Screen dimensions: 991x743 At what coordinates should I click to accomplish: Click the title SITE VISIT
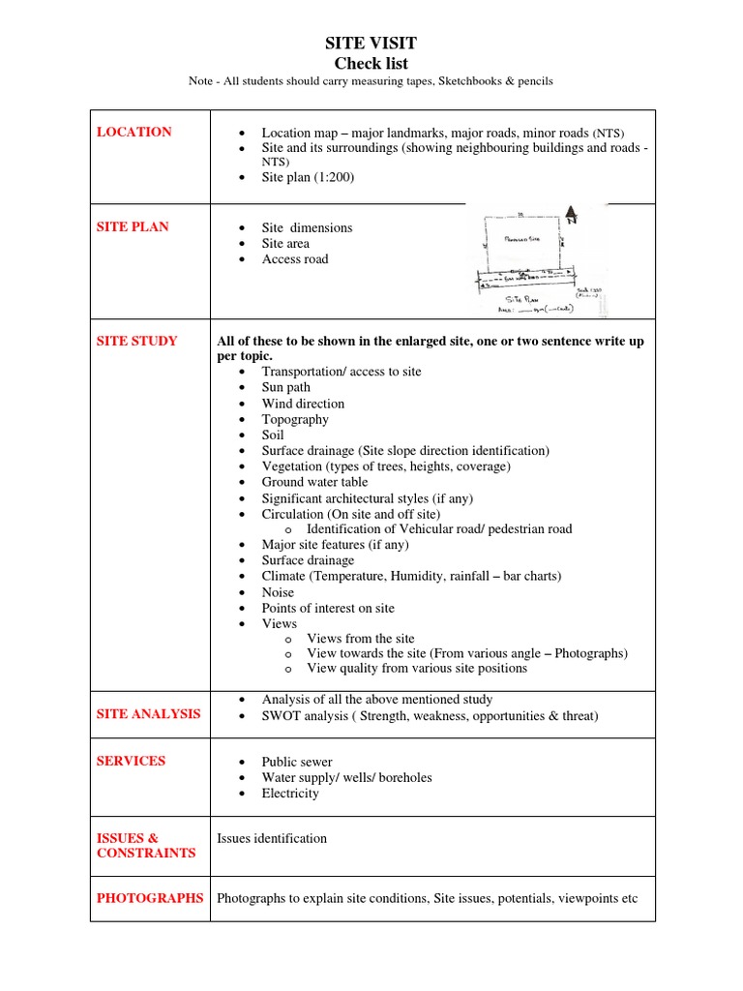(x=371, y=45)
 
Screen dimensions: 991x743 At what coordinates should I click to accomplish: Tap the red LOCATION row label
(x=134, y=133)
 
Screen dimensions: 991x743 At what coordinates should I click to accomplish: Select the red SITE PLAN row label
(x=133, y=226)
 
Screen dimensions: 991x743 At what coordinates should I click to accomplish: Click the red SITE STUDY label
(x=136, y=341)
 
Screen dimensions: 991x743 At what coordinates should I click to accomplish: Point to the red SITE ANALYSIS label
(x=149, y=713)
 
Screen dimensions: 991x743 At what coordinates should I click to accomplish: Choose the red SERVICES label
(x=131, y=761)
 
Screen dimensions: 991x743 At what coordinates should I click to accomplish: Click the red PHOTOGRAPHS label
(x=150, y=898)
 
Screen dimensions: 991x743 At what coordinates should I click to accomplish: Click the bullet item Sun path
(x=285, y=387)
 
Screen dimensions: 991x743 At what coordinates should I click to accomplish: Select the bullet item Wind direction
(x=303, y=404)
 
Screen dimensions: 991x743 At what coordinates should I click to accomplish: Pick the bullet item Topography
(x=295, y=419)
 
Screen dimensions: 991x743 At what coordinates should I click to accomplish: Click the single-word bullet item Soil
(x=273, y=435)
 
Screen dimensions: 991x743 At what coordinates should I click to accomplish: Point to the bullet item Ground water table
(x=314, y=482)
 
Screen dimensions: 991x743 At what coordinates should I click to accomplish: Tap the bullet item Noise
(x=278, y=592)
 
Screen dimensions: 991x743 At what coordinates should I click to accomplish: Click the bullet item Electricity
(x=290, y=794)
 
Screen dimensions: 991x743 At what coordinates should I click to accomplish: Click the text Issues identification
(x=272, y=838)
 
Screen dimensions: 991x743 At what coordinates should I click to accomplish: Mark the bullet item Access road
(x=295, y=259)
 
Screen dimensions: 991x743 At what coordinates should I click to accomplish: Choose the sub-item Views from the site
(x=360, y=639)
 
